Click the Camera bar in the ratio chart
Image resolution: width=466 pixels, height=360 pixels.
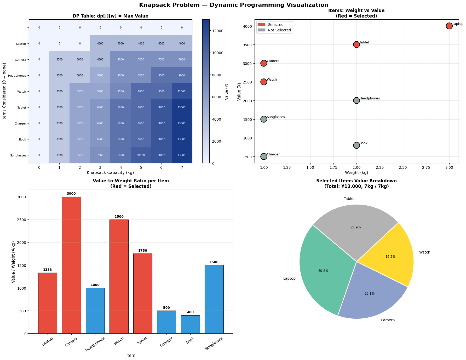(x=71, y=265)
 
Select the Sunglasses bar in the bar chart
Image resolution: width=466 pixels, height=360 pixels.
(x=214, y=299)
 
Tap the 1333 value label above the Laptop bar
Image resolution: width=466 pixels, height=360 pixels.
(x=48, y=270)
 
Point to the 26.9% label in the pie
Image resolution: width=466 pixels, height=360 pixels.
(x=356, y=227)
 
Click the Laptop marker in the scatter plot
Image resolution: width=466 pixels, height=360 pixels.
(x=449, y=26)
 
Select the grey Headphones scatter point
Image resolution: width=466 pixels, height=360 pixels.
(x=356, y=100)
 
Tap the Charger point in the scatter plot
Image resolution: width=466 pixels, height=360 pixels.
(x=264, y=156)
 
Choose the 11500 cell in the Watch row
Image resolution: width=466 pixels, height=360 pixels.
(x=182, y=92)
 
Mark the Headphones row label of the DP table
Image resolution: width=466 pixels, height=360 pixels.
(x=17, y=76)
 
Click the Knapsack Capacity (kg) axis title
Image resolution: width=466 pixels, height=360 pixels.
(x=110, y=173)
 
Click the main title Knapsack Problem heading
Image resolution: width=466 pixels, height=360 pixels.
(x=234, y=5)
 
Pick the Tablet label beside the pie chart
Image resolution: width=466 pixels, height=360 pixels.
(x=349, y=199)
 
